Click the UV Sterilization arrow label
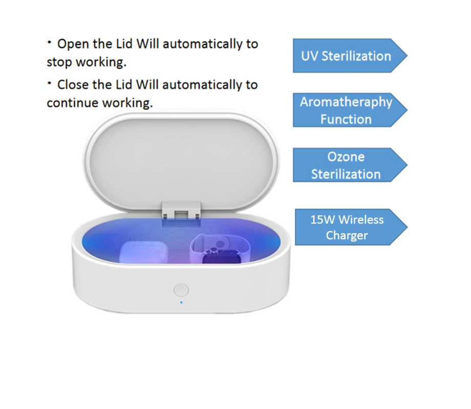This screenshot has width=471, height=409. [x=350, y=56]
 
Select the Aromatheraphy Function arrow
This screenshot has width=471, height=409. [x=350, y=110]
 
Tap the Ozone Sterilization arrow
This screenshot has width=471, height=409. [x=350, y=165]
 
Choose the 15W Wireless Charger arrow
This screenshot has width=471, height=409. [x=351, y=227]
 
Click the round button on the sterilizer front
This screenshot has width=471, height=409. [x=181, y=290]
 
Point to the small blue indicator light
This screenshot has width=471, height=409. [x=181, y=303]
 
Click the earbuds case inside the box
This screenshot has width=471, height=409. [x=143, y=252]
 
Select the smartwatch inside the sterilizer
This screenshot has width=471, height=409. [x=220, y=249]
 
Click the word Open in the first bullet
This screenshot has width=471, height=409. [x=73, y=44]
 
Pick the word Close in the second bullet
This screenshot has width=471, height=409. [x=73, y=85]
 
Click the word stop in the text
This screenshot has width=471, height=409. [x=59, y=62]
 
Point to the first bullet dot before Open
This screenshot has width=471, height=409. [x=49, y=42]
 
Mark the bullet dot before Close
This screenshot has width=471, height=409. [x=49, y=83]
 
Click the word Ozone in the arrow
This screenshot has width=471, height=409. [x=346, y=157]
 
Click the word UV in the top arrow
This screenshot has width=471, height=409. [x=309, y=56]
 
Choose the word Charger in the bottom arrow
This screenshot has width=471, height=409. [x=347, y=236]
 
